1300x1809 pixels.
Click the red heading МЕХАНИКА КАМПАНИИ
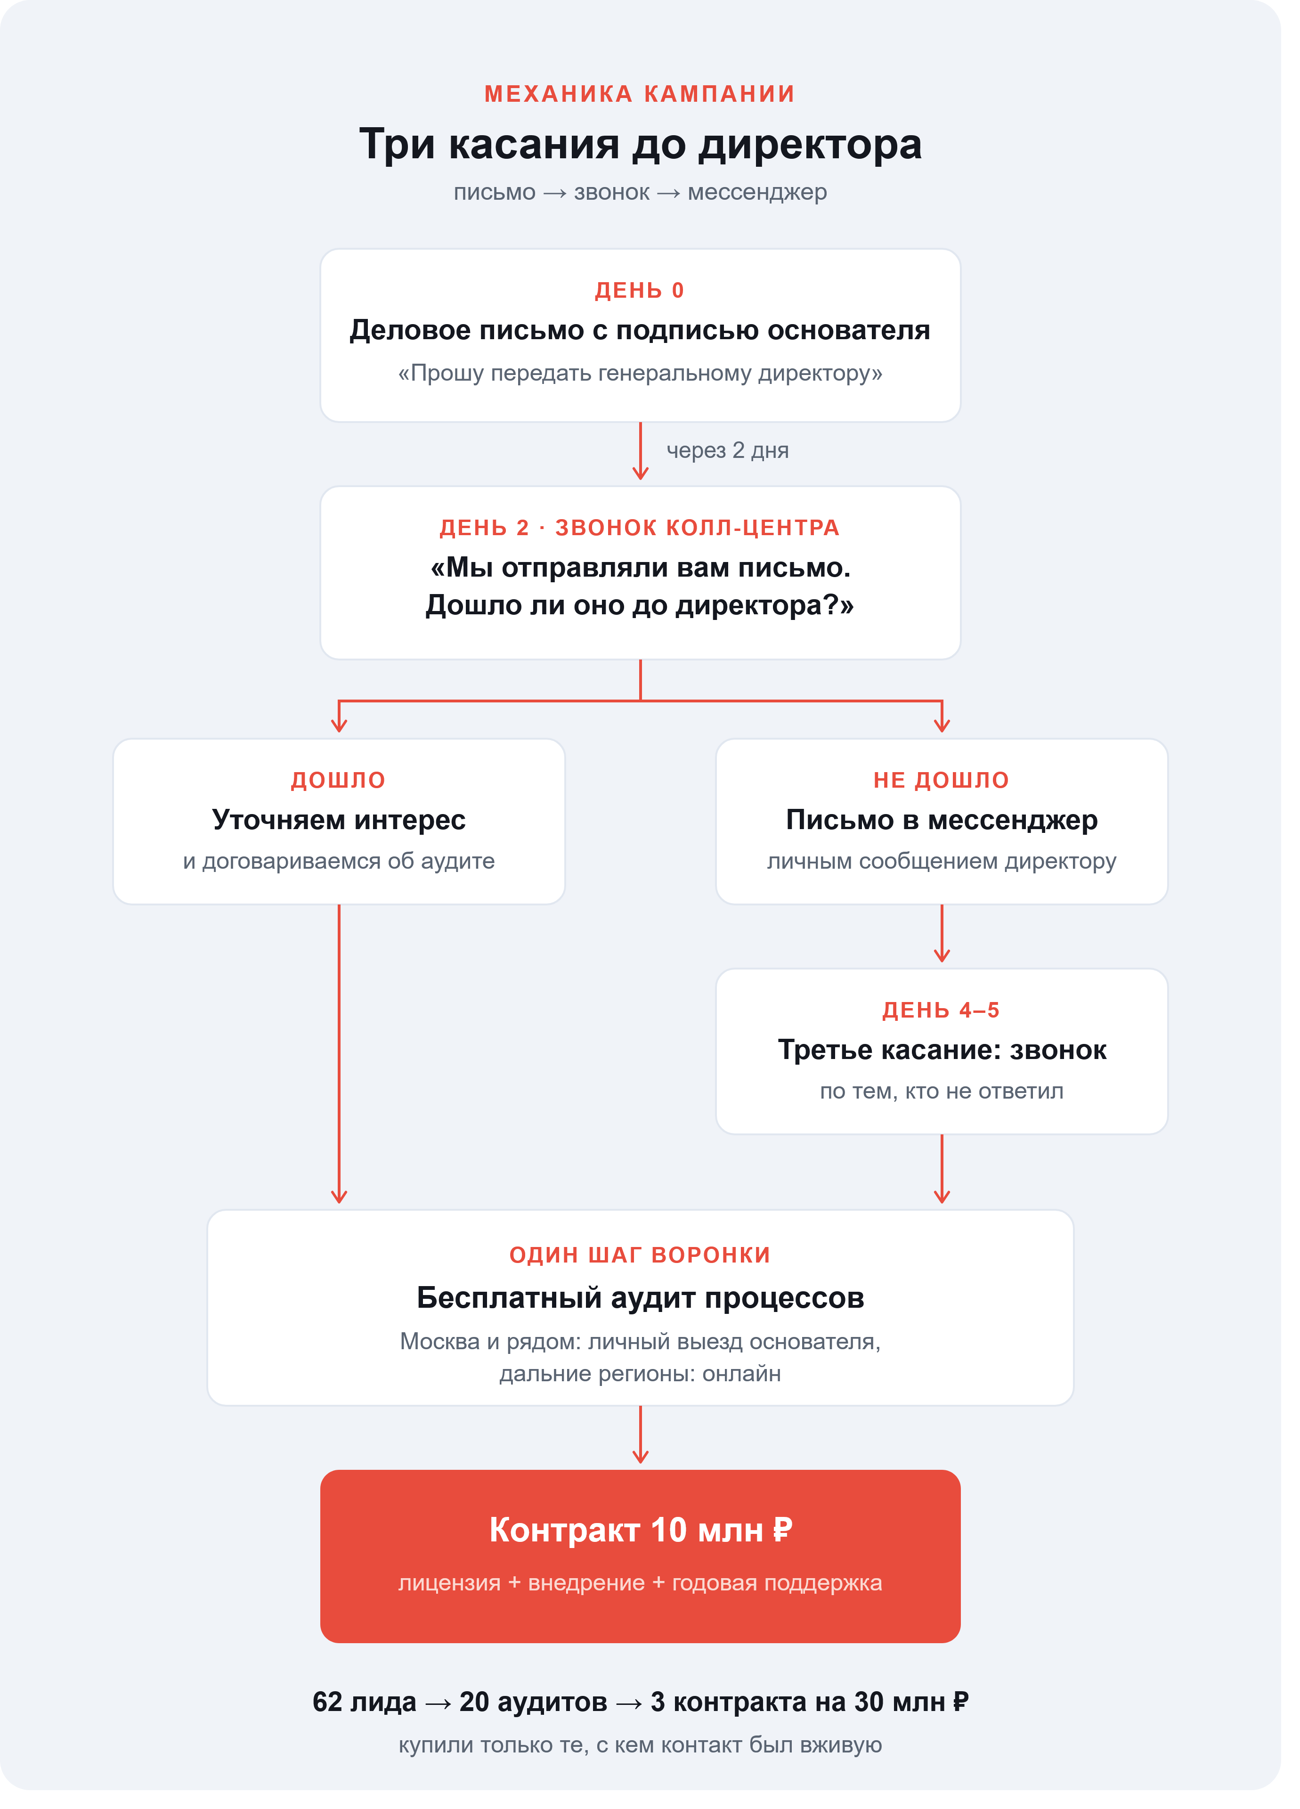point(640,94)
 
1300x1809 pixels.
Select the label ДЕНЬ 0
point(640,290)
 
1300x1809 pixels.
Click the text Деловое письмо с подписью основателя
point(640,330)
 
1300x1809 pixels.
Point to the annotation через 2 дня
point(727,451)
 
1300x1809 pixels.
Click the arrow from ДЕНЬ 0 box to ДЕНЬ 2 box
point(641,451)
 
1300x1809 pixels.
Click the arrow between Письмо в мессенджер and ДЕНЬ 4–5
point(942,933)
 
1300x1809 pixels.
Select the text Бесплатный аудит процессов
point(640,1298)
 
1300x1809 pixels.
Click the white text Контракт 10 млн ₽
point(640,1530)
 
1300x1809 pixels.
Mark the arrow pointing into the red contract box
point(641,1434)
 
